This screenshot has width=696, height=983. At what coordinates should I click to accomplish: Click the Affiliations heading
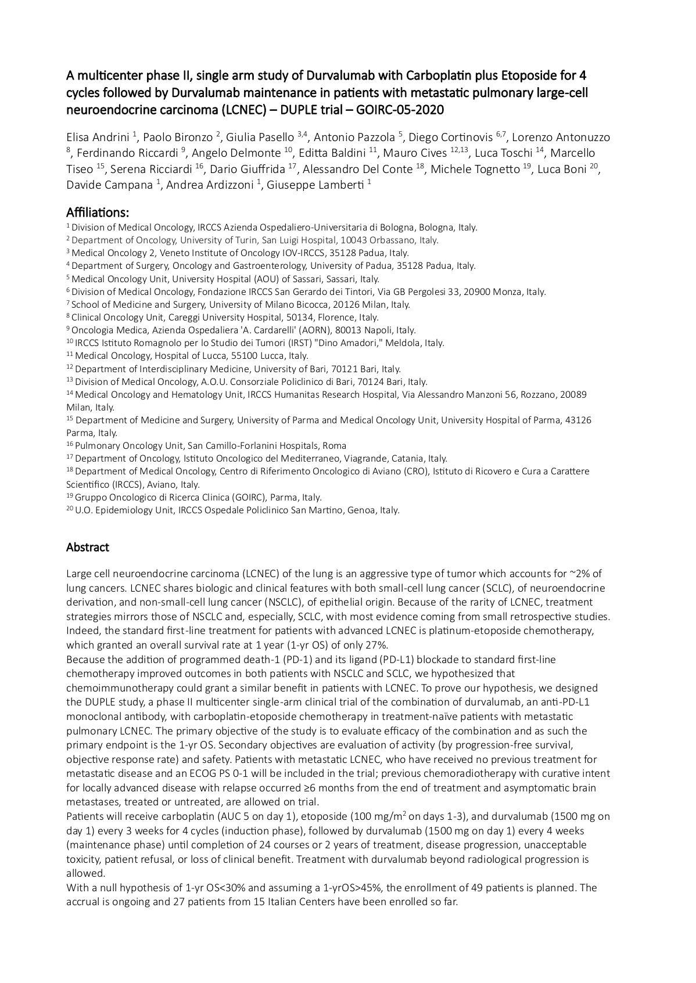click(x=98, y=212)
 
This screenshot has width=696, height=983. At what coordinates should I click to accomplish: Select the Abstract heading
click(x=88, y=547)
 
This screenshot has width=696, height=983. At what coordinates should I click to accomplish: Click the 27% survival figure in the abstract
click(x=376, y=644)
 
